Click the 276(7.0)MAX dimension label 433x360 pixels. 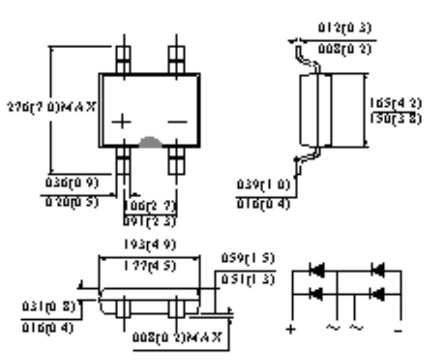pyautogui.click(x=49, y=106)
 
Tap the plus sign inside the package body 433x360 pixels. pyautogui.click(x=123, y=122)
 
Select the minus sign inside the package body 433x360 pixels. pyautogui.click(x=177, y=122)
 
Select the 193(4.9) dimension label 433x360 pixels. pyautogui.click(x=148, y=245)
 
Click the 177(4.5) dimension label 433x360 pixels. pyautogui.click(x=148, y=266)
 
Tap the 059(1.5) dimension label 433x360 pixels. pyautogui.click(x=247, y=258)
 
